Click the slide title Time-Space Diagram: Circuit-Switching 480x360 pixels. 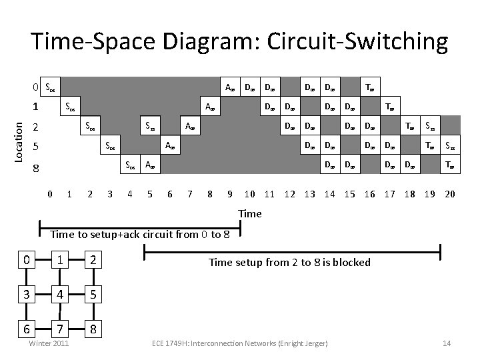click(x=240, y=41)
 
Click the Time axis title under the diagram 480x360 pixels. click(x=250, y=213)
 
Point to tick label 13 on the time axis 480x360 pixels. click(x=310, y=195)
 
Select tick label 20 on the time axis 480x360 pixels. click(x=450, y=195)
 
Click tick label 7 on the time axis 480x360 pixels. click(x=191, y=195)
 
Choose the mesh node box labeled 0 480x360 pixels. click(x=26, y=258)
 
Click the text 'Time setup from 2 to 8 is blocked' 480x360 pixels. click(x=289, y=263)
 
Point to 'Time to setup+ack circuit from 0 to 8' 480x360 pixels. click(x=141, y=234)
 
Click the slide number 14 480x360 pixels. click(x=447, y=343)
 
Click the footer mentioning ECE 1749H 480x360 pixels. click(x=240, y=343)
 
